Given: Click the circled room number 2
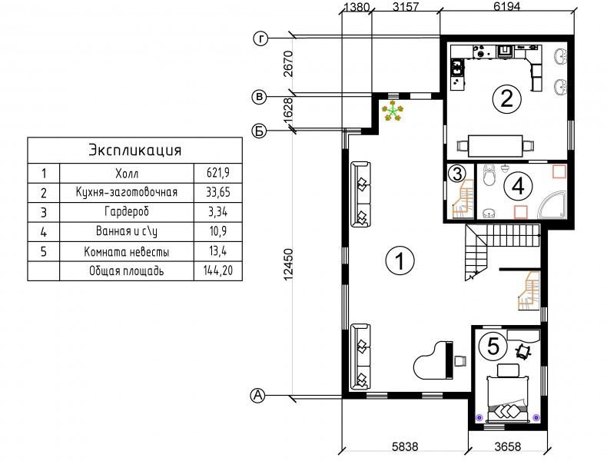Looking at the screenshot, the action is tap(506, 98).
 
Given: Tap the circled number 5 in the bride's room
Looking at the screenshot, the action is tap(493, 346).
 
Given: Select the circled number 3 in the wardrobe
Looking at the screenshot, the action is tap(457, 174).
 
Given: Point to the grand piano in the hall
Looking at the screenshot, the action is tap(433, 360).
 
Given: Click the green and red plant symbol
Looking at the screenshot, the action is tap(393, 111).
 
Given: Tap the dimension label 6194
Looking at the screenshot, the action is tap(508, 6).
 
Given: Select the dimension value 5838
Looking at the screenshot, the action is tap(405, 446).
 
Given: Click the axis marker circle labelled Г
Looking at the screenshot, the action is tap(261, 38).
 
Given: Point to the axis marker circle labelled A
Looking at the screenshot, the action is tap(258, 396).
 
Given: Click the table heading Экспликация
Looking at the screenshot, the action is tap(135, 150).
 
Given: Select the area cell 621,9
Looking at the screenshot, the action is tap(218, 173).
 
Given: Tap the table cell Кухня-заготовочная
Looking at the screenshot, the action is tap(127, 192).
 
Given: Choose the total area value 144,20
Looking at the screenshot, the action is tap(218, 270).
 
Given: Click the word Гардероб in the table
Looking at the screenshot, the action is tap(127, 212).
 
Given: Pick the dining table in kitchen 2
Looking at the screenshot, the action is tap(496, 145).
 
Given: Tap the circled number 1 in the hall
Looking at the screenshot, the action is tap(400, 260).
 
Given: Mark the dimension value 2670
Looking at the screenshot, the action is tap(289, 64).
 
